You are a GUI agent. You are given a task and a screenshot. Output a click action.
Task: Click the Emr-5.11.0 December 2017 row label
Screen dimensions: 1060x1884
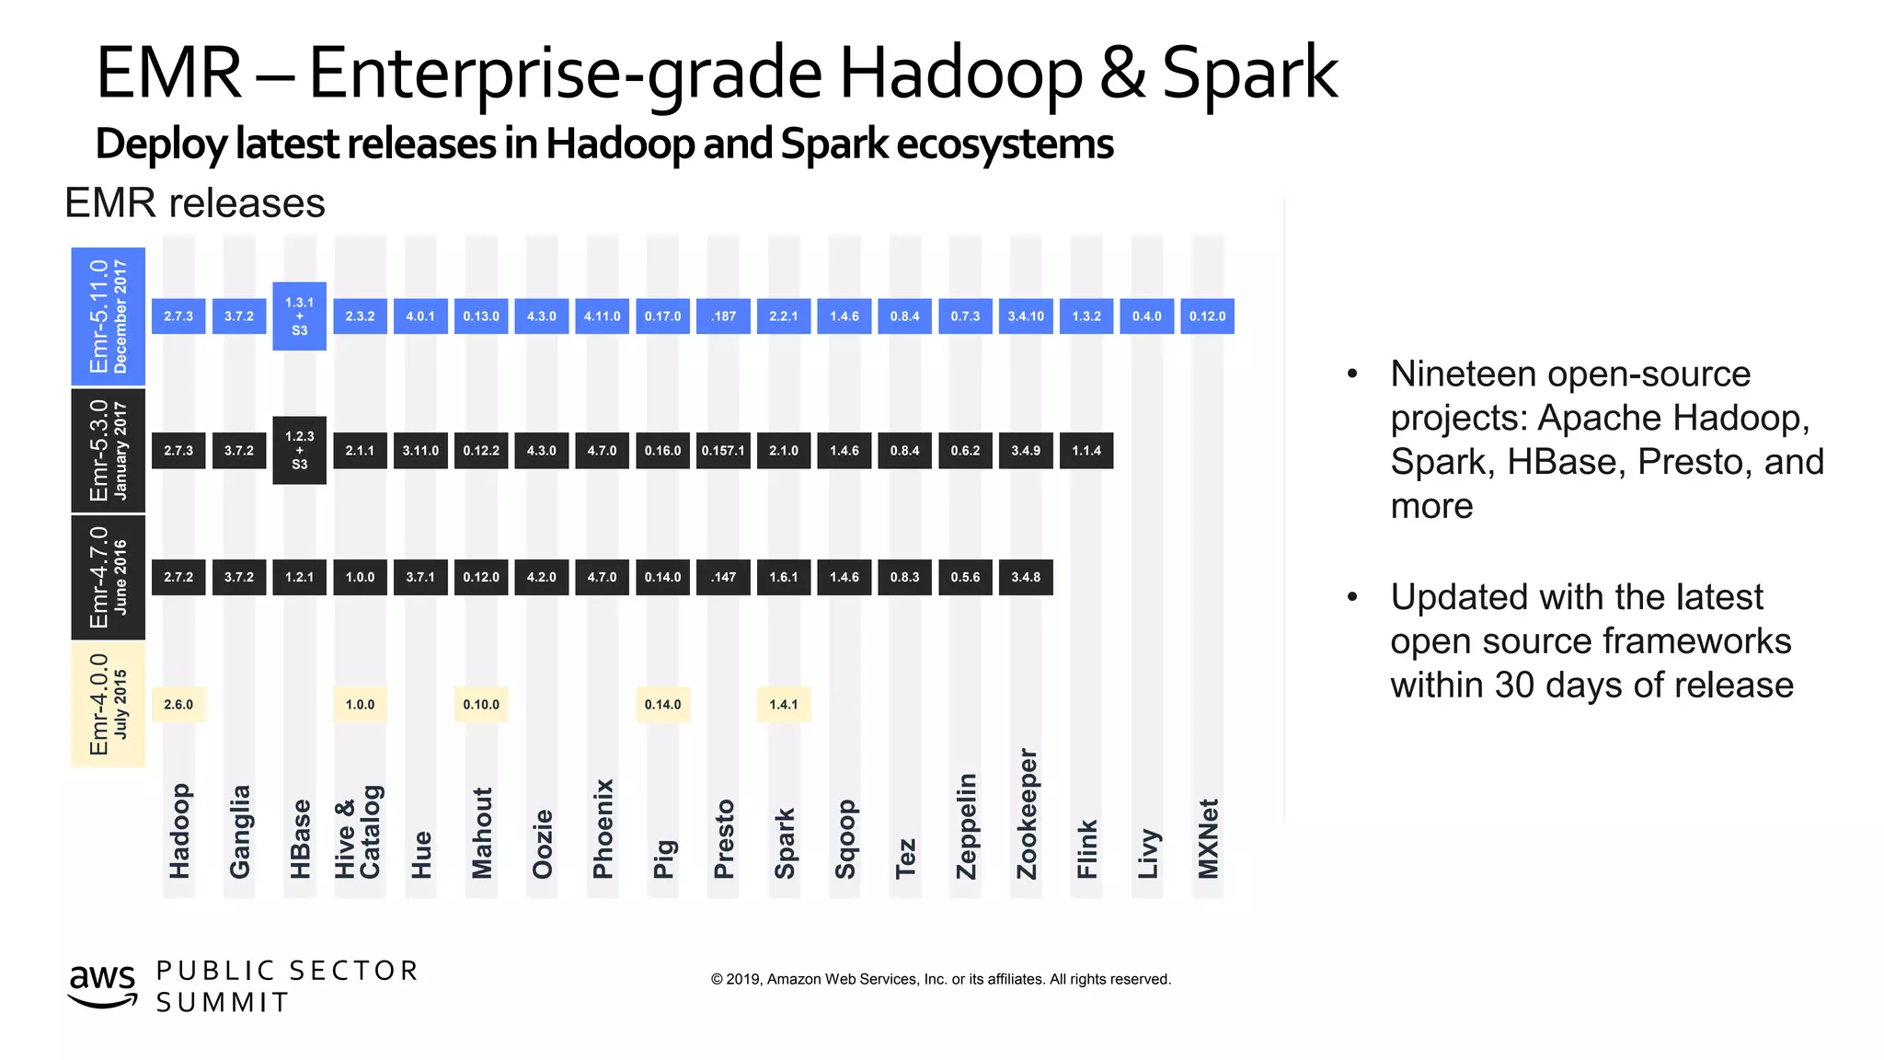click(x=108, y=316)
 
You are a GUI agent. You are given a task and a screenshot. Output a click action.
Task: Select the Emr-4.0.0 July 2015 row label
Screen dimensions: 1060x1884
click(x=108, y=704)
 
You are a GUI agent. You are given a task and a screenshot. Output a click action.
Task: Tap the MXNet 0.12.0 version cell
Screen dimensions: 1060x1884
click(x=1207, y=316)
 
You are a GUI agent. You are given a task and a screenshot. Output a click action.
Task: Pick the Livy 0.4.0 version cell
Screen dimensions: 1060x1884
click(x=1146, y=316)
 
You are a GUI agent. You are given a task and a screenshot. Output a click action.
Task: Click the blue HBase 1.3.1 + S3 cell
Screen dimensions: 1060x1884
click(x=299, y=316)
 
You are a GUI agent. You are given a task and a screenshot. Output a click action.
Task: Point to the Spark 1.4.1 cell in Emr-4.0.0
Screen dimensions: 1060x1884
click(x=783, y=704)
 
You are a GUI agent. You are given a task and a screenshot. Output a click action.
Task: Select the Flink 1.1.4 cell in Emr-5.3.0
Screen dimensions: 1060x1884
click(x=1086, y=450)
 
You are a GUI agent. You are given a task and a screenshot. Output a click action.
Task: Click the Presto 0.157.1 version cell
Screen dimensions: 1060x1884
click(x=723, y=450)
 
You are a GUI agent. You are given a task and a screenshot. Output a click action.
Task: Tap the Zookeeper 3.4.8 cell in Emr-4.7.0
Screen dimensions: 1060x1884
click(x=1026, y=577)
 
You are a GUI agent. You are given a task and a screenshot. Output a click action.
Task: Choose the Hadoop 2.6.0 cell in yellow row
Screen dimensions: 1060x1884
click(x=178, y=704)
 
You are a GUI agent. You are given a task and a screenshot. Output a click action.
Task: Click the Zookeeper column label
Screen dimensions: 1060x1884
click(x=1027, y=814)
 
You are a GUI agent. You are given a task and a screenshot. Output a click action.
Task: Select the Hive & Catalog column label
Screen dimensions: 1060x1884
click(x=358, y=832)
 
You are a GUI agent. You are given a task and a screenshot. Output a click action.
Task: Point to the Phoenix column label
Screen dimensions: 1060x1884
click(x=603, y=829)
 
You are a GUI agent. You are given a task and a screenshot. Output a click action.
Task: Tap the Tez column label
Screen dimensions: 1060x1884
click(x=905, y=858)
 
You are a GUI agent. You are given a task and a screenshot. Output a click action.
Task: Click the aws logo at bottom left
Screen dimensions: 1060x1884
click(x=102, y=985)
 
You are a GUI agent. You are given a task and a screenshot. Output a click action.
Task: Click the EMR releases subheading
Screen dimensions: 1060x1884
click(x=195, y=203)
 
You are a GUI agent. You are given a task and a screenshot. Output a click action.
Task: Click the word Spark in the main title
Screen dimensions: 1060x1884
click(x=1248, y=74)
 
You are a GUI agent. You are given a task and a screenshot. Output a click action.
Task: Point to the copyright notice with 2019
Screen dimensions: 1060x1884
click(x=940, y=979)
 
